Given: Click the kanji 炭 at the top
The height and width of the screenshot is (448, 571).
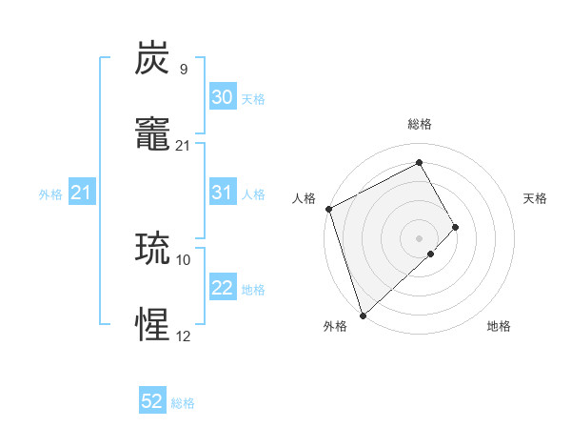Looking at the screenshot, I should pos(153,59).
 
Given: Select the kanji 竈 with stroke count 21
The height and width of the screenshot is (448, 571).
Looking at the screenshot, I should pos(153,132).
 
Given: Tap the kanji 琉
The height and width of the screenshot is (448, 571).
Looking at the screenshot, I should pos(153,249).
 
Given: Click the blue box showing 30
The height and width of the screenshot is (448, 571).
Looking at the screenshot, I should pos(223,97).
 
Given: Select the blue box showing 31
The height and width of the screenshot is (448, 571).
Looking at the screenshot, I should pos(223,193).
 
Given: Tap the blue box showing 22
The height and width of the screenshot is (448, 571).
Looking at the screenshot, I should pos(223,288).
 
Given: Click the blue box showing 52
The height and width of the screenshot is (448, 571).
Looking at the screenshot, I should pos(152,401).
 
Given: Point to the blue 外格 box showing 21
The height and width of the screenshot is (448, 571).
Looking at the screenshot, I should pos(82,193).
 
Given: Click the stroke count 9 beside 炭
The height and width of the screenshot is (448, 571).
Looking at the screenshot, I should pos(184,69).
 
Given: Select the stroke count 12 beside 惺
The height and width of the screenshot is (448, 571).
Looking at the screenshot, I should pos(184,336).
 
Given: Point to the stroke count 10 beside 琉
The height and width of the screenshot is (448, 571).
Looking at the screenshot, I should pos(184,259).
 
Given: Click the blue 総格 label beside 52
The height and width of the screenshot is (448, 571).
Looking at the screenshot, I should pos(183,403).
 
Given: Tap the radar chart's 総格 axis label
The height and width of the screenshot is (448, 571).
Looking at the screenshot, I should pos(420,124).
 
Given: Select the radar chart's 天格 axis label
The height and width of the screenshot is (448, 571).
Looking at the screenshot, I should pos(536,198).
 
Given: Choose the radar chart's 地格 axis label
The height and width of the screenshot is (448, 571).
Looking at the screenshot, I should pos(499,326).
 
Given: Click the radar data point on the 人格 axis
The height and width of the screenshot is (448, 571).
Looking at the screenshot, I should pos(328,209).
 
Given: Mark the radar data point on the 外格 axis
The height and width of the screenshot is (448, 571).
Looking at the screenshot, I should pos(363,315).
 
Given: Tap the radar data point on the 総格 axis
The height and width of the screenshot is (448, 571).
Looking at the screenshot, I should pos(420,163).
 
